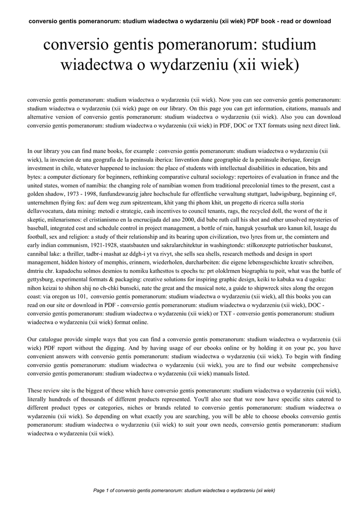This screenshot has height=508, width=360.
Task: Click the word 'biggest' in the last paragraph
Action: (x=84, y=390)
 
